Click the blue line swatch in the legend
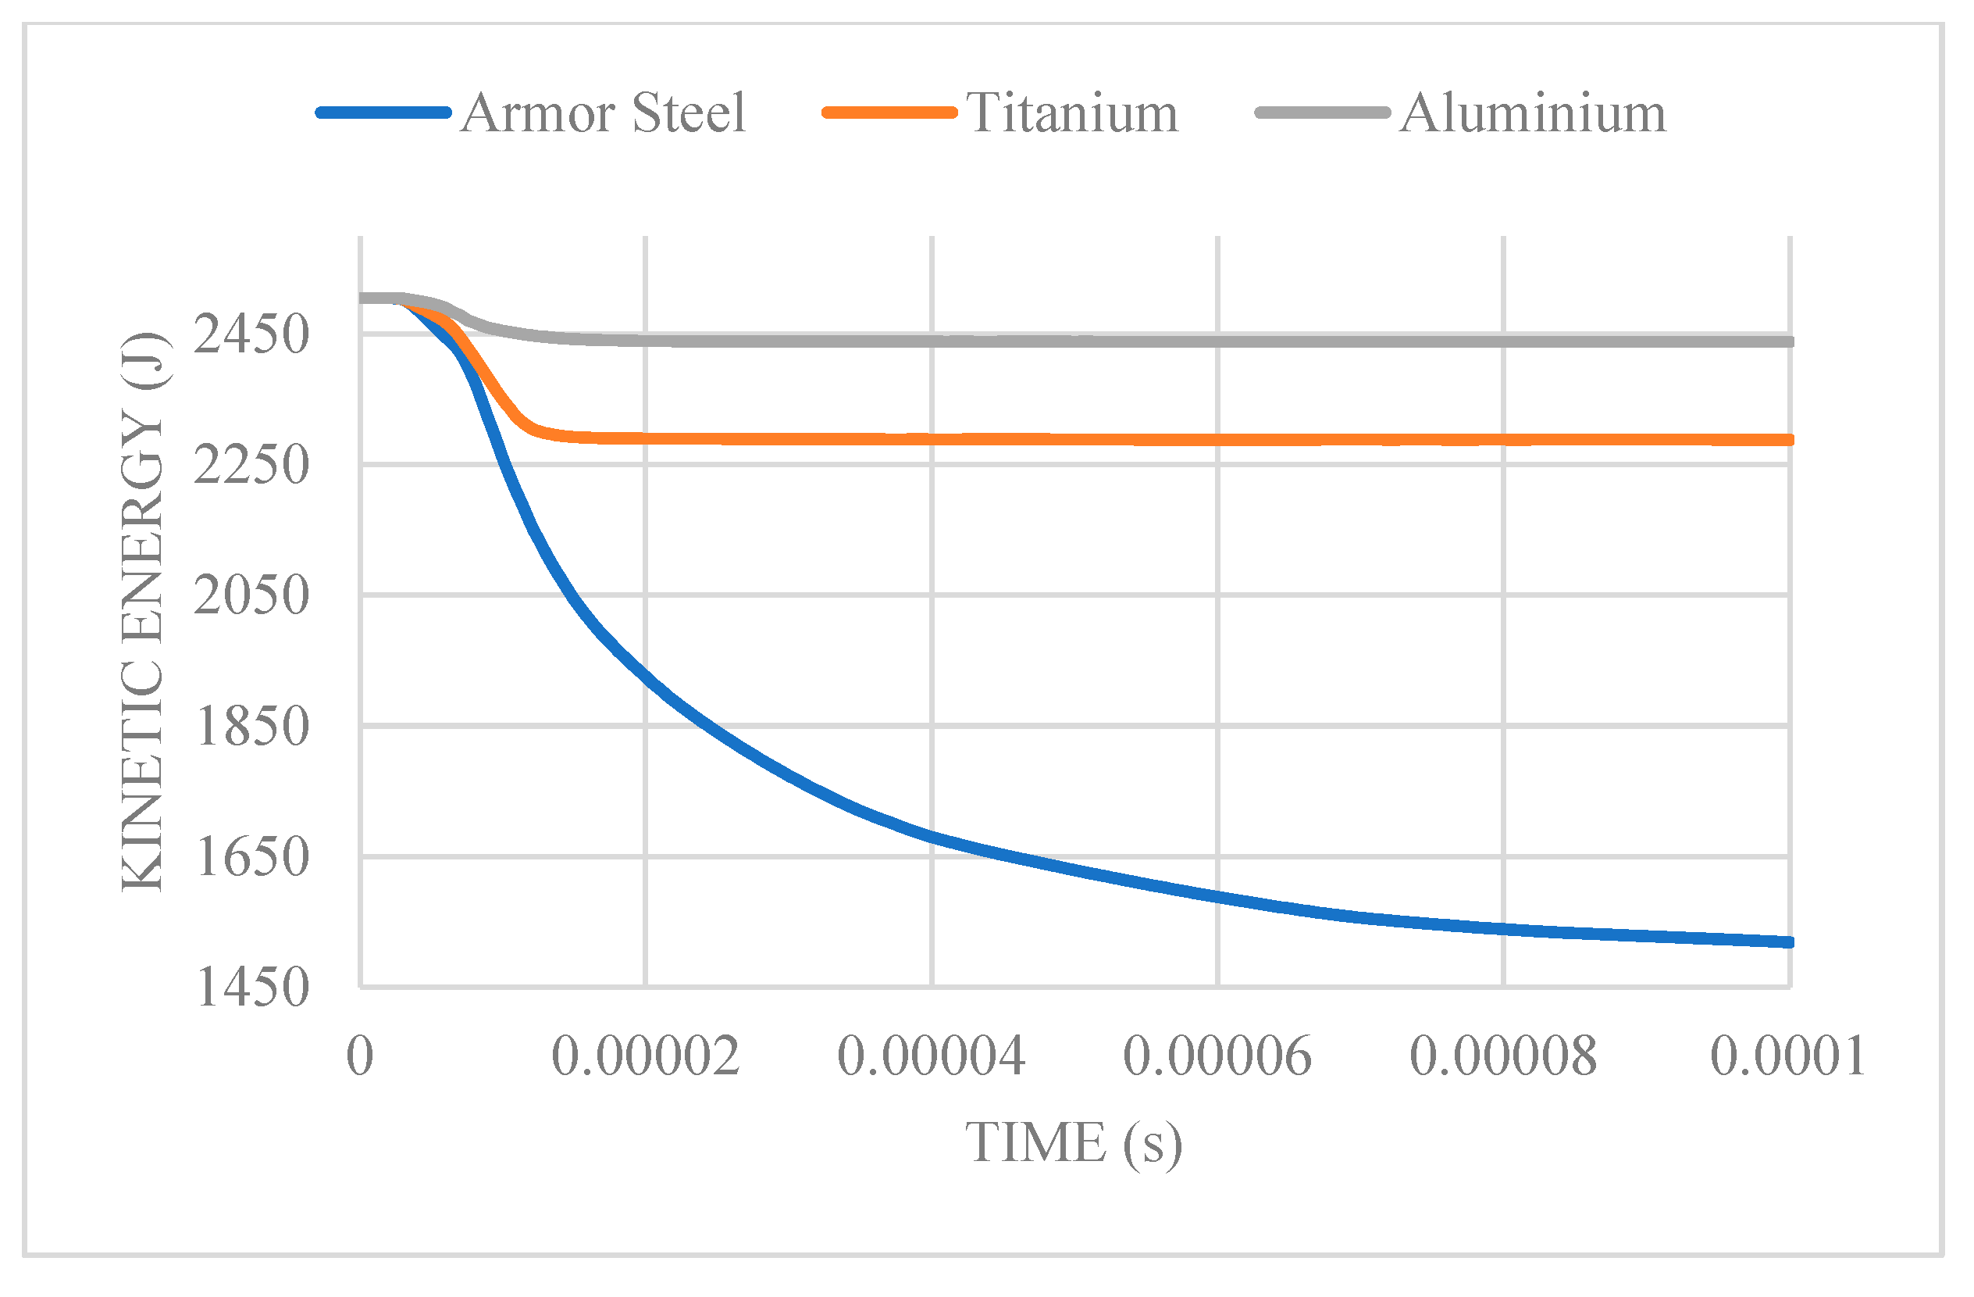[383, 113]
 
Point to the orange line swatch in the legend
[889, 113]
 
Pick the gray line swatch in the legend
[1323, 113]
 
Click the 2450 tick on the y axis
[251, 334]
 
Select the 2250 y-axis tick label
[251, 465]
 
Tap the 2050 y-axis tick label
[251, 595]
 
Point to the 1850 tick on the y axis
[251, 726]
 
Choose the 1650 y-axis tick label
[251, 856]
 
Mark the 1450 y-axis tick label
[251, 988]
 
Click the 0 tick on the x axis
[360, 1056]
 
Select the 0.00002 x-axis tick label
[645, 1056]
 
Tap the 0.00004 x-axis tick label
[932, 1056]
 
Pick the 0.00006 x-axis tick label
[1217, 1056]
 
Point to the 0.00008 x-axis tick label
[1503, 1056]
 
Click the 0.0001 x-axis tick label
[1788, 1056]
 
